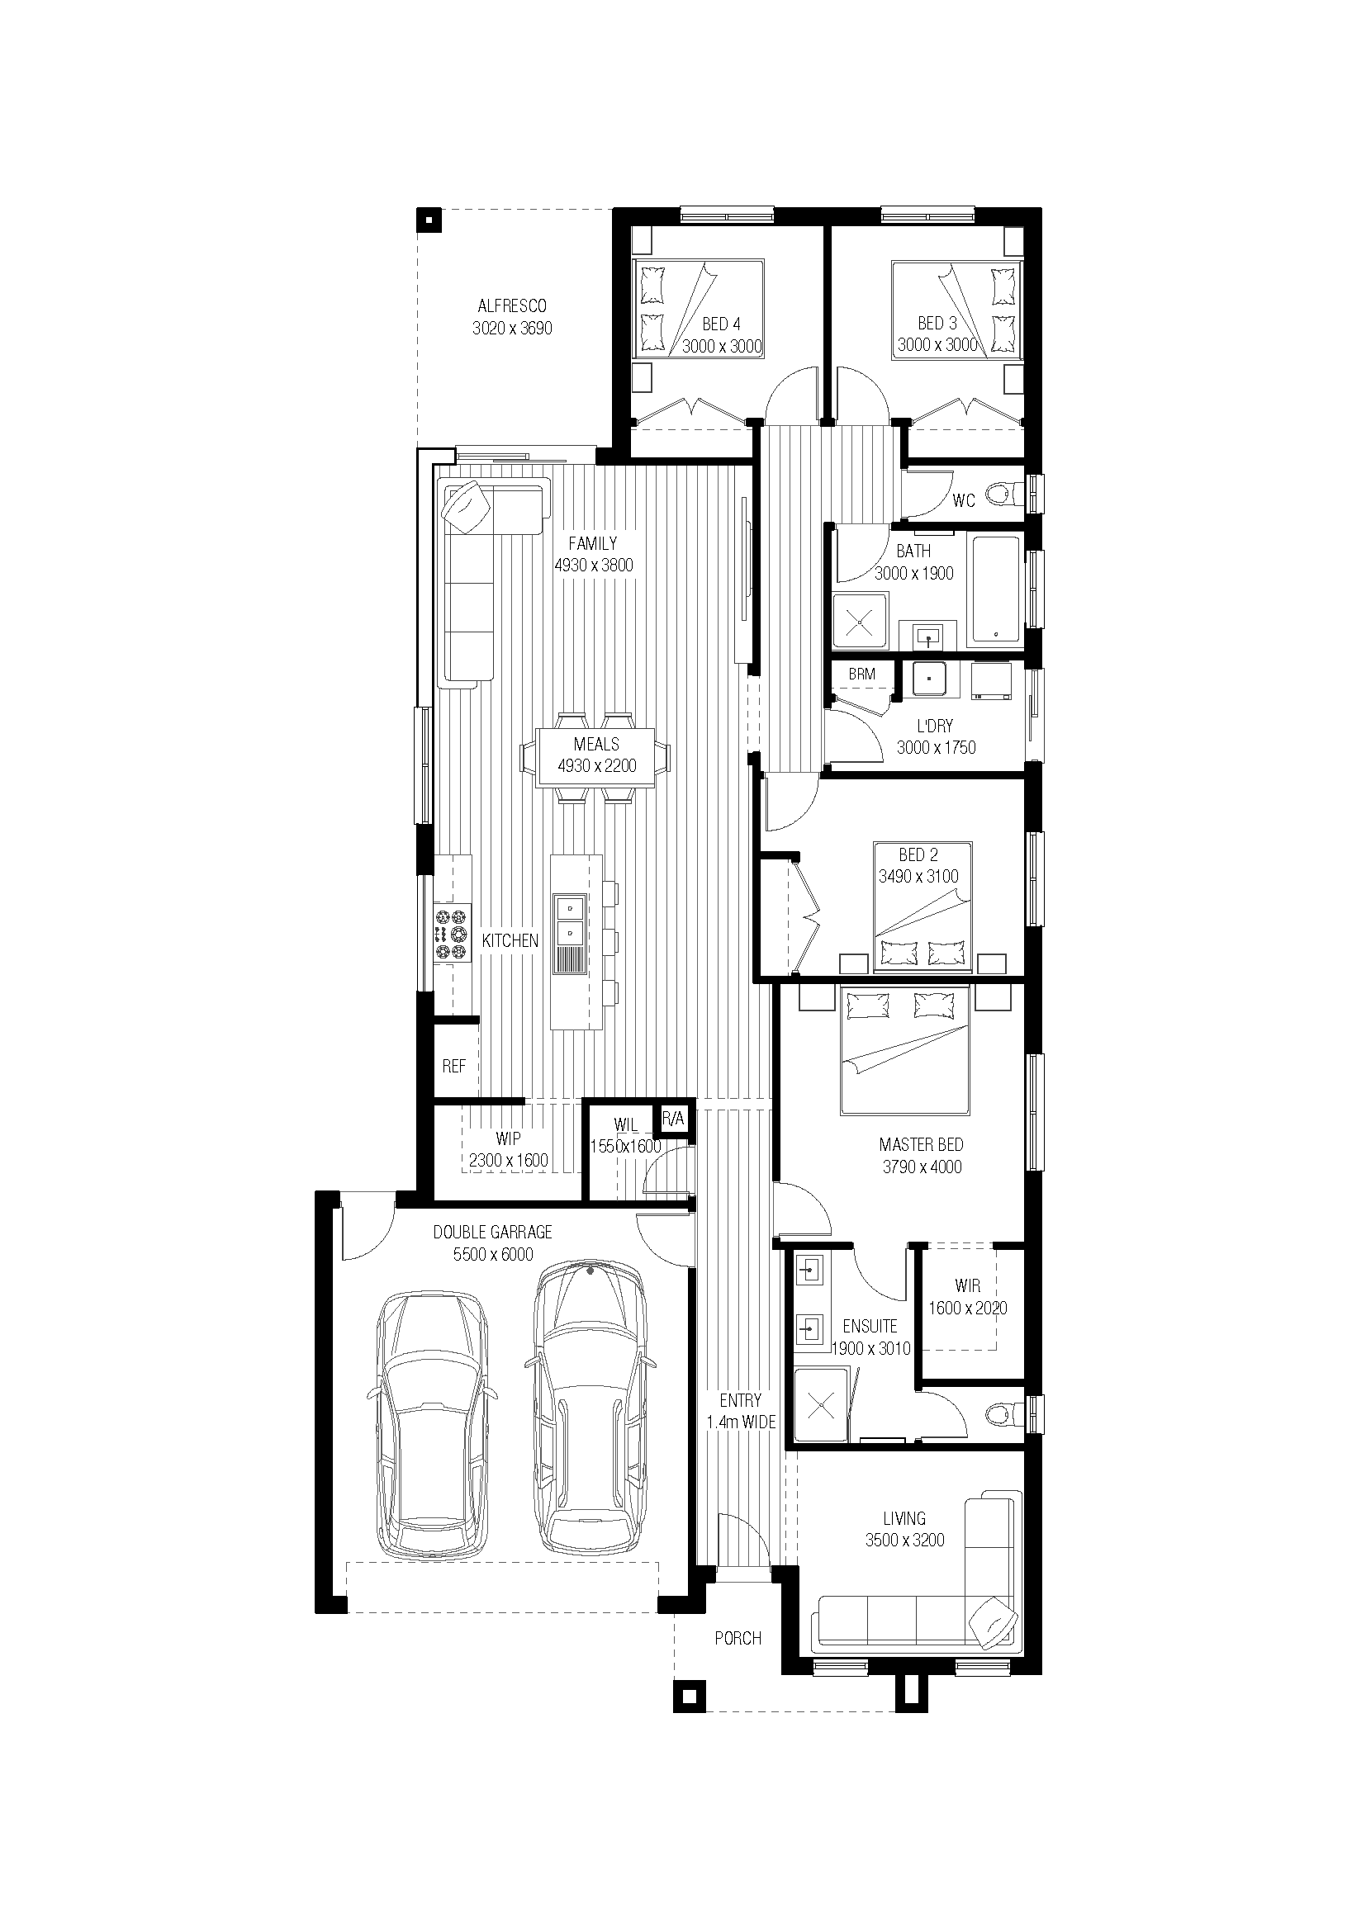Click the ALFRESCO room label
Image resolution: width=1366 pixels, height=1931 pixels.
coord(511,306)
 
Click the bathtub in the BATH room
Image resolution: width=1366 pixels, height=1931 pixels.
coord(996,591)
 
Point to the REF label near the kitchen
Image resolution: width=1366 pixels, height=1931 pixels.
coord(453,1067)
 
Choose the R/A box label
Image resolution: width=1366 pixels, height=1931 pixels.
coord(674,1119)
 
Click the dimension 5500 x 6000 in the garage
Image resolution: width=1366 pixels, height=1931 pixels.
coord(493,1254)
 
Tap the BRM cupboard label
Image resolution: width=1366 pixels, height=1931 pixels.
coord(861,674)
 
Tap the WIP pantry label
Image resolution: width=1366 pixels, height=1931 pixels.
coord(508,1138)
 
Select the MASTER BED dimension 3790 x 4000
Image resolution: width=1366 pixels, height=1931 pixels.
coord(922,1167)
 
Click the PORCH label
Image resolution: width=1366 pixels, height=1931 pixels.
coord(738,1638)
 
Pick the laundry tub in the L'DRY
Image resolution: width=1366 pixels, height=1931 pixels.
coord(929,679)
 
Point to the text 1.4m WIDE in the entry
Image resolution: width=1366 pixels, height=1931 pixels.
coord(741,1422)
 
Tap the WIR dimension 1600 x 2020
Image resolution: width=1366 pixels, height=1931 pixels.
coord(967,1308)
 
